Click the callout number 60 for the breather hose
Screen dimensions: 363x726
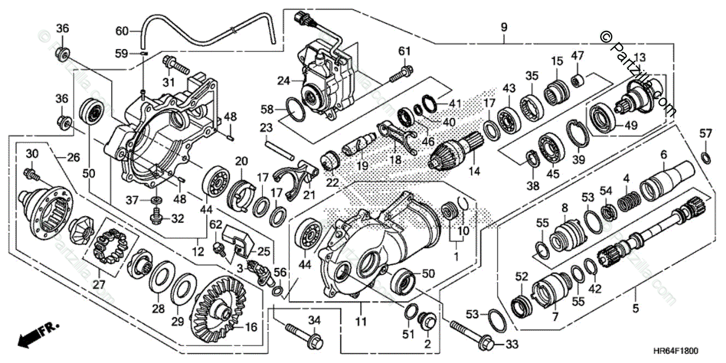pyautogui.click(x=122, y=31)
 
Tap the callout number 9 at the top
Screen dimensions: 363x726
pyautogui.click(x=503, y=27)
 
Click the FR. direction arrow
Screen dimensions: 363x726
pyautogui.click(x=33, y=335)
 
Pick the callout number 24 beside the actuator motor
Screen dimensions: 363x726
pyautogui.click(x=284, y=79)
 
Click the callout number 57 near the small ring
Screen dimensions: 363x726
pyautogui.click(x=705, y=133)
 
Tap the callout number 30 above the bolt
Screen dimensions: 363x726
pyautogui.click(x=32, y=152)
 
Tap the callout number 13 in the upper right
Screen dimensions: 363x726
pyautogui.click(x=639, y=57)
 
